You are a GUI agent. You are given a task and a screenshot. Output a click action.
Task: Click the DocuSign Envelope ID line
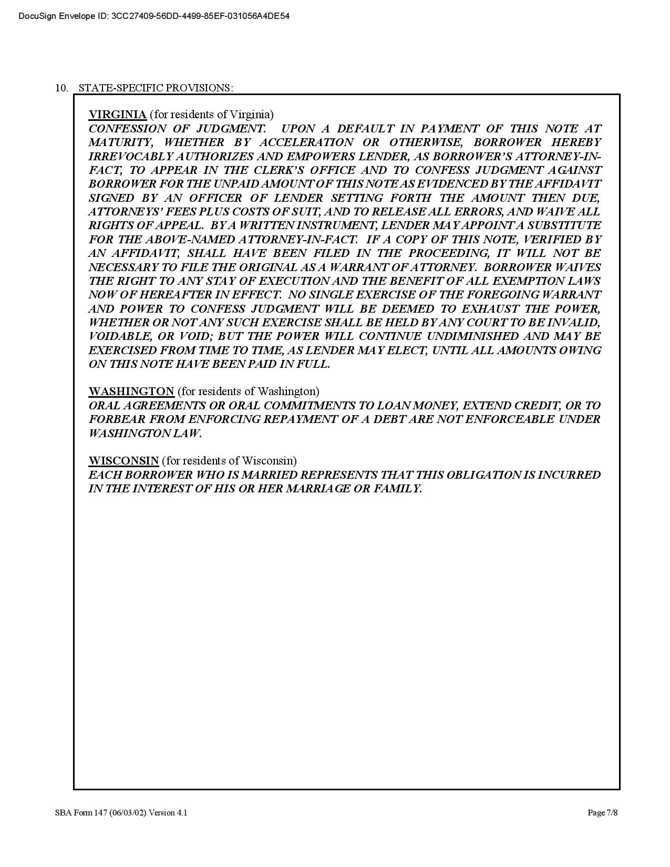154,16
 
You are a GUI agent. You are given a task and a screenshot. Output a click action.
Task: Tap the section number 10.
61,88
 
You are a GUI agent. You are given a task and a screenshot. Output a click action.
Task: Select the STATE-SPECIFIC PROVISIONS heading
156,88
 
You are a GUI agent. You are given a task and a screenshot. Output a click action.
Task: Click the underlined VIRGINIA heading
117,115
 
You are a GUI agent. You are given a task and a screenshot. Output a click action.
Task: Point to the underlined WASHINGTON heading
131,391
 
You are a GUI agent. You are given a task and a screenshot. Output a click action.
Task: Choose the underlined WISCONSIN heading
123,461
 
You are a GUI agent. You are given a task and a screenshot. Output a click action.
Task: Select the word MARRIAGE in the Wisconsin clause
317,489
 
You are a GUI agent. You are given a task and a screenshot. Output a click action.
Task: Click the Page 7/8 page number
602,813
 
